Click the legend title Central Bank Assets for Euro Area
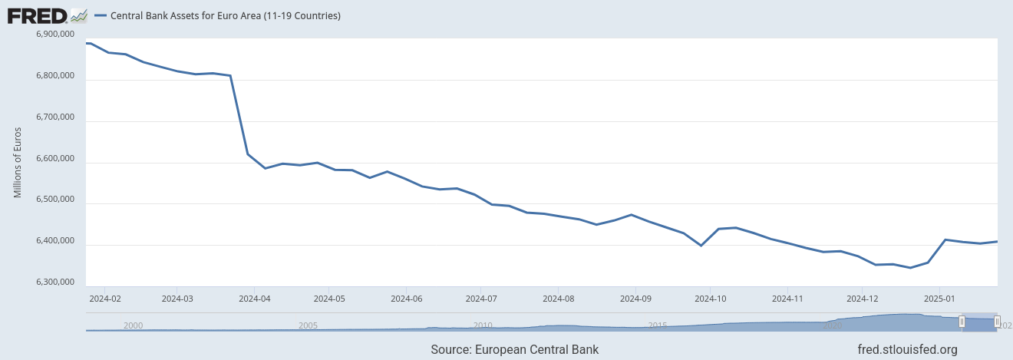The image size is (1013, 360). pos(226,15)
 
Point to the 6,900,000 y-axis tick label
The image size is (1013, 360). pos(56,35)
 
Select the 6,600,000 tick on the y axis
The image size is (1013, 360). pos(56,160)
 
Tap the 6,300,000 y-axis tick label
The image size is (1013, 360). pos(56,283)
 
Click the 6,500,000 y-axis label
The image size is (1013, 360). pos(56,200)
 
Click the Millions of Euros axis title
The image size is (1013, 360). pos(18,162)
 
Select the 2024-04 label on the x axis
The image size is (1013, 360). pos(254,298)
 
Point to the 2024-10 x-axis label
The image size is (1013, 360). pos(711,298)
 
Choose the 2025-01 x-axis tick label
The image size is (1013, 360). pos(940,298)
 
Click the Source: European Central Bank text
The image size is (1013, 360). pos(514,350)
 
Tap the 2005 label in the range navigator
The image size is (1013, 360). pos(308,325)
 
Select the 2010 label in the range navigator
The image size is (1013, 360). pos(483,325)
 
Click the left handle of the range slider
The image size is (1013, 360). pos(962,322)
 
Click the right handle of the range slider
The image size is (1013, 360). pos(997,322)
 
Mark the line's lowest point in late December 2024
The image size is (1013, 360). pos(910,268)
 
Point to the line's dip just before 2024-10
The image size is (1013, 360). pos(701,246)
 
